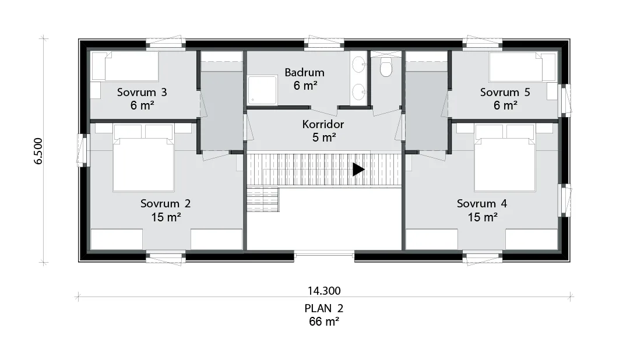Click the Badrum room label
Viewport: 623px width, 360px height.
pos(304,73)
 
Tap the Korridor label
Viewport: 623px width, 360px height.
pos(323,125)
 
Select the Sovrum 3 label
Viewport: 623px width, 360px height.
pos(142,93)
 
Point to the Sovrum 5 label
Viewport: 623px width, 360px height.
pos(505,93)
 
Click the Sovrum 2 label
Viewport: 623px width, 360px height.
pos(166,204)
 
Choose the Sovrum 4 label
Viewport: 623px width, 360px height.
pos(481,204)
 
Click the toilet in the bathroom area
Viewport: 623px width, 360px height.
pos(386,67)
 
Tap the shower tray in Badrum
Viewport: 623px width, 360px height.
pos(262,90)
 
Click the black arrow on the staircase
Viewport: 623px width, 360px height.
pos(358,170)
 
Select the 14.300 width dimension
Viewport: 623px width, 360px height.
pos(324,291)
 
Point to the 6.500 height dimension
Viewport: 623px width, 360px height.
pos(38,151)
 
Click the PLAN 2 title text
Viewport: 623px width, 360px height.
pos(324,308)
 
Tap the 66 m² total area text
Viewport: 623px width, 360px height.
pos(324,322)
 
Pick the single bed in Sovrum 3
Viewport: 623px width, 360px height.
pos(125,66)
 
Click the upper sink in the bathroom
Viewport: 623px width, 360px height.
pos(359,64)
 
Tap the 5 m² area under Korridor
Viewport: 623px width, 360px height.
pos(324,137)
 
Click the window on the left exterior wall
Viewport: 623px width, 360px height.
pos(83,150)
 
